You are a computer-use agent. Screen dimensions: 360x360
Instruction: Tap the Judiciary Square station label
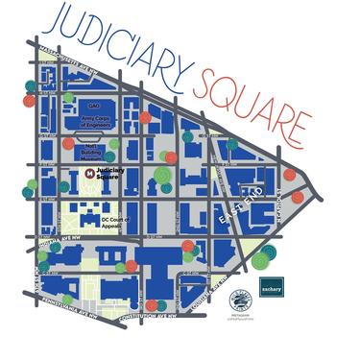[111, 175]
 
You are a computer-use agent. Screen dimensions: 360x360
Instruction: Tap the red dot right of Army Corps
[145, 117]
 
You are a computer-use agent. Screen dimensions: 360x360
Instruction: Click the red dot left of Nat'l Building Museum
[68, 143]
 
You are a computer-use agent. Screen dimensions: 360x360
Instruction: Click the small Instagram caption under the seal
[237, 319]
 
